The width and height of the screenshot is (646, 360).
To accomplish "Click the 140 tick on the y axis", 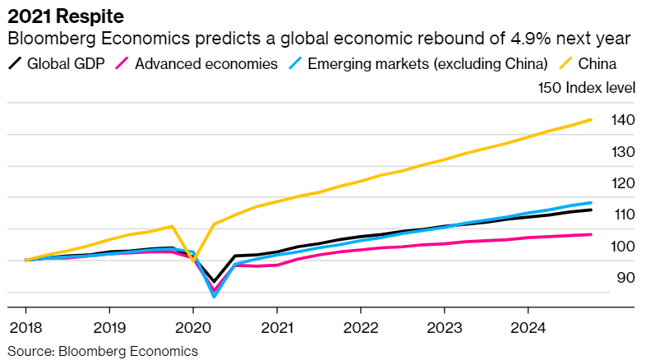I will pos(622,120).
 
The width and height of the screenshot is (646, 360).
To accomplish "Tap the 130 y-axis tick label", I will pos(622,152).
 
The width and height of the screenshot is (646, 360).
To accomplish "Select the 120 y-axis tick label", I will pos(622,183).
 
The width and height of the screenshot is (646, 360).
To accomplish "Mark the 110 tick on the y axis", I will pos(622,215).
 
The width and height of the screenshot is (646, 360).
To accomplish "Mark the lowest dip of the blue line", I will pos(214,296).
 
